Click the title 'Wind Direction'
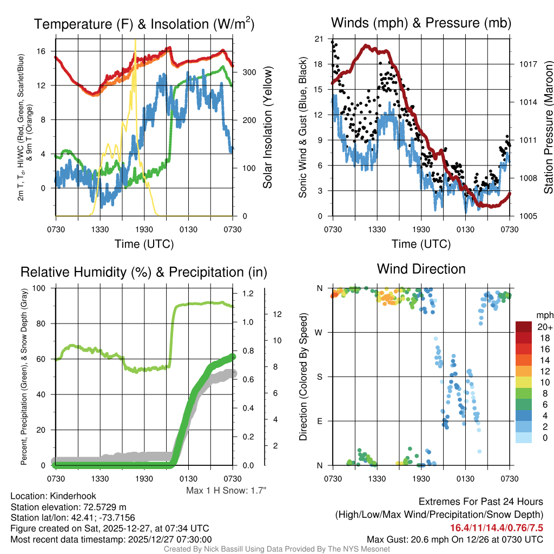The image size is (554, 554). pos(421,269)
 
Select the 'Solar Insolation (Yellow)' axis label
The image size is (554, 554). pos(267,128)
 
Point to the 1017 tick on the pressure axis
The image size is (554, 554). pos(527,64)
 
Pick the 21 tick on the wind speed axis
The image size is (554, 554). pos(318,39)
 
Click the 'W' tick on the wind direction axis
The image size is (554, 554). pos(319,332)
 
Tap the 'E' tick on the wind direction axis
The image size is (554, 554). pos(320,421)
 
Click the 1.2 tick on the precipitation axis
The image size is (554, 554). pos(248,294)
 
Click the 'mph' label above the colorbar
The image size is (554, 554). pos(543,315)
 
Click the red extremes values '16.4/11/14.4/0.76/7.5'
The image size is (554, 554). pos(496,527)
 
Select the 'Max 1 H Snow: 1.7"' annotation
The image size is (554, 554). pos(226,490)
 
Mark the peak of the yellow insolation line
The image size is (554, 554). pos(135,41)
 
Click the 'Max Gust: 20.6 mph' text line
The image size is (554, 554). pos(454,539)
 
